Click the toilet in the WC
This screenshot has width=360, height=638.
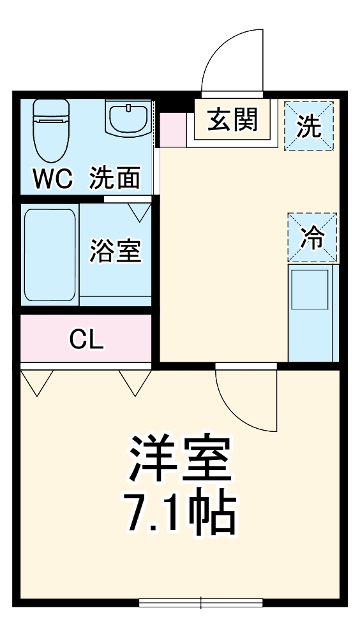point(51,131)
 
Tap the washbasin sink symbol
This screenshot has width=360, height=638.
point(127,119)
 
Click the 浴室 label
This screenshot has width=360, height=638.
point(115,251)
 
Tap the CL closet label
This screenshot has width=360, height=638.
point(86,340)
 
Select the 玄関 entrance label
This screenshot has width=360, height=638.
point(232,120)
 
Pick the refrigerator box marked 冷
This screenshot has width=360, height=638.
point(312,238)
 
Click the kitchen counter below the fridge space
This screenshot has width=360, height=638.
point(312,313)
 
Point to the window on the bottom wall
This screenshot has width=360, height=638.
point(201,602)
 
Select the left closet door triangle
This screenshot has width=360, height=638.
point(36,382)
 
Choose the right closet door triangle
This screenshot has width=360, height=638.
point(135,382)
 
